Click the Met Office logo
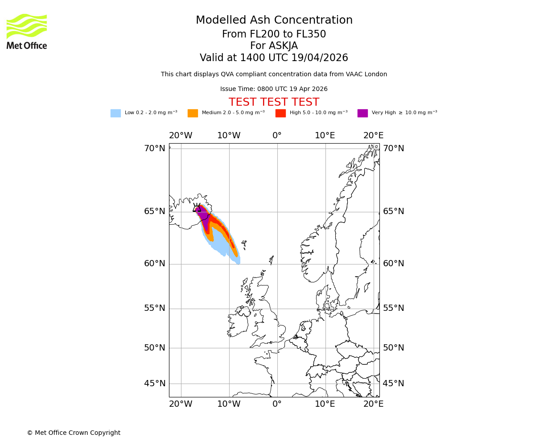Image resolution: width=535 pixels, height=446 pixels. click(x=27, y=31)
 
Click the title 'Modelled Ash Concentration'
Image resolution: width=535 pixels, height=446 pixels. click(x=274, y=21)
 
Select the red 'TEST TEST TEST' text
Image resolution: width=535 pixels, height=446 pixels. click(x=274, y=103)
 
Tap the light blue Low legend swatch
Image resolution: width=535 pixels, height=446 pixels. click(x=115, y=113)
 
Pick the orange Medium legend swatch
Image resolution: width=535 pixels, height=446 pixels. click(x=193, y=113)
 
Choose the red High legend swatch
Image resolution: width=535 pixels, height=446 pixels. click(x=280, y=113)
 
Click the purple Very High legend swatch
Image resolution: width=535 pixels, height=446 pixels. click(x=362, y=113)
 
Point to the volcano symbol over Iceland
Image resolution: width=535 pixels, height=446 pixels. click(x=197, y=208)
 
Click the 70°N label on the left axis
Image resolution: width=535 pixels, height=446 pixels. click(x=154, y=149)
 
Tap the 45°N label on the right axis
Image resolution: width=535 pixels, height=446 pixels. click(x=394, y=384)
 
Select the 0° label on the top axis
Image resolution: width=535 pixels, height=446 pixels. click(x=277, y=136)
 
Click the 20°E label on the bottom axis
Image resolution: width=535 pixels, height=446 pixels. click(x=373, y=404)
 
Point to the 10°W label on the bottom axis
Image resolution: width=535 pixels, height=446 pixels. click(x=229, y=404)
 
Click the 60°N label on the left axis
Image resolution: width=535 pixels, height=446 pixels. click(x=154, y=264)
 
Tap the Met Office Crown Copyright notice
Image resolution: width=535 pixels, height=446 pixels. click(x=74, y=433)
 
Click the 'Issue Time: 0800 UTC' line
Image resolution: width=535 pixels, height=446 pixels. click(x=274, y=89)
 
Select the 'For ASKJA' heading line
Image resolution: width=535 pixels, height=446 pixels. click(x=274, y=46)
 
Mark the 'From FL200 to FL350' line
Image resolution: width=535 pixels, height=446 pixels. click(x=274, y=34)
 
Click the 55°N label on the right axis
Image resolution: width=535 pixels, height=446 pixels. click(x=394, y=308)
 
